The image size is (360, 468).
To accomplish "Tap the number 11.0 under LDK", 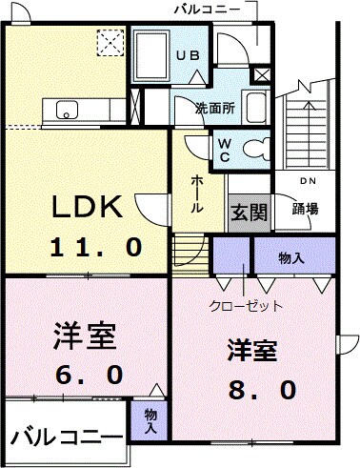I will (x=96, y=246).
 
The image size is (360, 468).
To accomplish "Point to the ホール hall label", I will (x=196, y=193).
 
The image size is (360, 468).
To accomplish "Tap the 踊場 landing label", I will (x=305, y=209).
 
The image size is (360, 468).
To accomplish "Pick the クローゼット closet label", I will (x=246, y=306).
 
